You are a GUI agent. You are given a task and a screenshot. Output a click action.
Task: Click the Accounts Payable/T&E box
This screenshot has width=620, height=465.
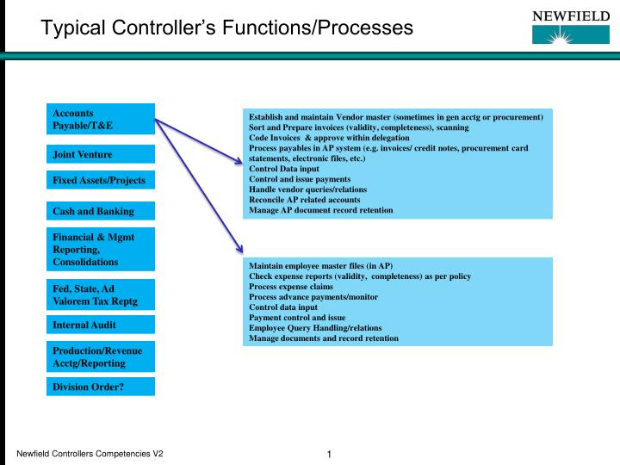[x=102, y=119]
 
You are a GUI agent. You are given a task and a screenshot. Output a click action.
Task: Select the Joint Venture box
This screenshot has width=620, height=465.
[x=102, y=154]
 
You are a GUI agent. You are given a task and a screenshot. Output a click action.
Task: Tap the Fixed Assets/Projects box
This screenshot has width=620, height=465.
[x=102, y=181]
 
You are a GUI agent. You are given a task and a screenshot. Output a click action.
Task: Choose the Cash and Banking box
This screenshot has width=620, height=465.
[x=102, y=211]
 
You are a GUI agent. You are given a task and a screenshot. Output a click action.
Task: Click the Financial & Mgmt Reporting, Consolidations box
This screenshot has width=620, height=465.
[x=102, y=249]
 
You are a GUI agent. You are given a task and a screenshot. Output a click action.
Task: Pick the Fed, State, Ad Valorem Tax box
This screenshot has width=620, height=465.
[x=102, y=294]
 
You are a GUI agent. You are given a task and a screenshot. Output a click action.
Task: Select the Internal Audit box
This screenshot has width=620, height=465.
[x=102, y=325]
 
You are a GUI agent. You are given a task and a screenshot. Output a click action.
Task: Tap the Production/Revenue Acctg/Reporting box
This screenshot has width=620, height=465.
[x=102, y=356]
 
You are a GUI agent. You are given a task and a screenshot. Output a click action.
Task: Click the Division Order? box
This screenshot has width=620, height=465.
[x=102, y=387]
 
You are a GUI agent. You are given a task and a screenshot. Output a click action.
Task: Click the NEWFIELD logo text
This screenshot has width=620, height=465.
[x=569, y=15]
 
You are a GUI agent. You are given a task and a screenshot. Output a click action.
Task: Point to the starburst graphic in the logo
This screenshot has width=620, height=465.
[x=569, y=36]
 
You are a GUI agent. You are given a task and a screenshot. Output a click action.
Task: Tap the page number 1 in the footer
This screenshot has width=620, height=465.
[x=330, y=455]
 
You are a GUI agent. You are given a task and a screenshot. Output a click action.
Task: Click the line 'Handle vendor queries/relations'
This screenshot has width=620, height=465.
[x=307, y=189]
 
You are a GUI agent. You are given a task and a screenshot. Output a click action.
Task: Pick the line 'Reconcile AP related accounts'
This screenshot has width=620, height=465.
[x=304, y=200]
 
